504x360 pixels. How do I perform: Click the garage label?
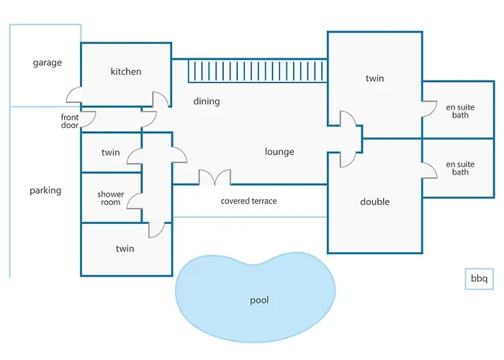48,63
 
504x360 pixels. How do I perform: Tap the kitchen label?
126,71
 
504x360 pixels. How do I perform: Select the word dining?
207,102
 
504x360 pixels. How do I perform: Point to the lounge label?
279,152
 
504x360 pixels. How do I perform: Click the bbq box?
479,279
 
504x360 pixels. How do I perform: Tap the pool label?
259,300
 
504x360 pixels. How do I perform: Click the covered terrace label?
248,201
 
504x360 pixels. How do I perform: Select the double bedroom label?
374,202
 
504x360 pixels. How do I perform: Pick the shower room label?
111,198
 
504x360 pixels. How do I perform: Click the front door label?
70,121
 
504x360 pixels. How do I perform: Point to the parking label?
45,191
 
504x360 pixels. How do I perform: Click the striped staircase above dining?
258,71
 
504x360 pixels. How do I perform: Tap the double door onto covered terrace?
215,177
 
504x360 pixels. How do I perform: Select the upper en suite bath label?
460,111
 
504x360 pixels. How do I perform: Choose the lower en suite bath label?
460,168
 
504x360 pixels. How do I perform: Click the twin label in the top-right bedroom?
374,78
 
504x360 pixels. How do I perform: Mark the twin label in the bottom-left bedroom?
125,248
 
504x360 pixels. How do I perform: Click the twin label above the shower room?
111,153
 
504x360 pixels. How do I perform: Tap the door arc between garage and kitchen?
73,96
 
